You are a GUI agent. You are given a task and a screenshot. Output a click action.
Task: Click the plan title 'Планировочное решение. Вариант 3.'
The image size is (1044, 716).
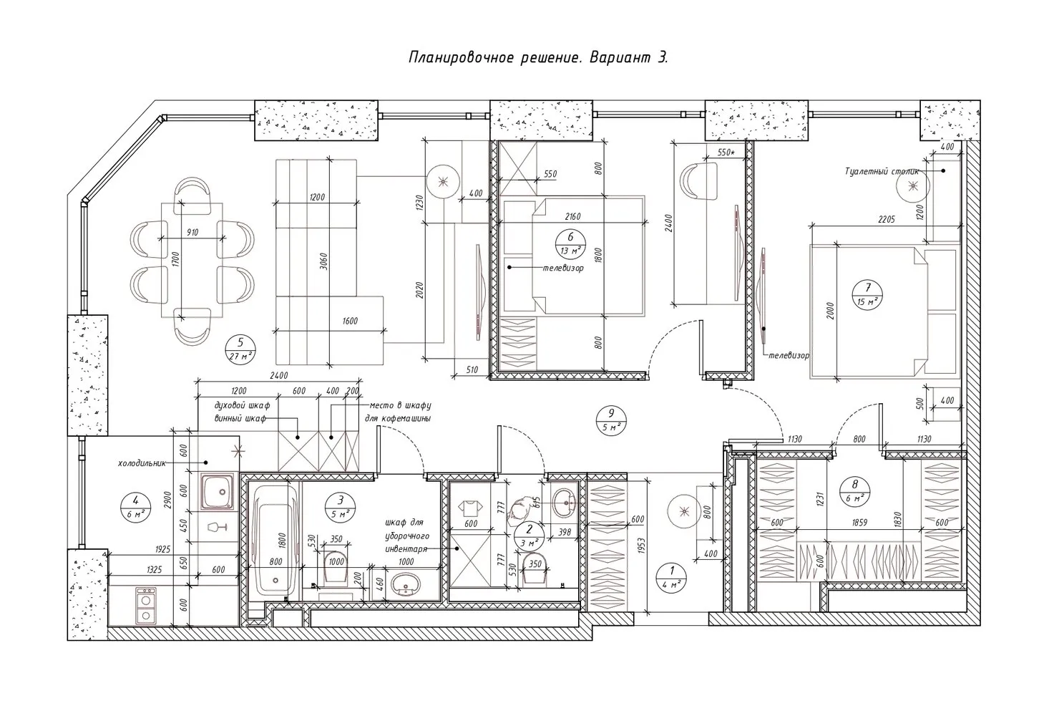[x=538, y=58]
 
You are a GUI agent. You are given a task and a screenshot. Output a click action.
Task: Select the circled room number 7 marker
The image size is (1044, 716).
[x=867, y=294]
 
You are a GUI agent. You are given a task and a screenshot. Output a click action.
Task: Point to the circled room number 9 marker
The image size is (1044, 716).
[x=610, y=419]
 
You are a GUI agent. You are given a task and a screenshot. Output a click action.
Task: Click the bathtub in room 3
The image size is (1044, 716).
[x=272, y=538]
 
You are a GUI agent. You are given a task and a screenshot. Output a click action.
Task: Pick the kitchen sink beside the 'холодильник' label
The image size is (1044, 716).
[x=218, y=490]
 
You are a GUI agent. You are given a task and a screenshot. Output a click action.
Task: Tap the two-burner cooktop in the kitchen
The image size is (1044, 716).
[x=146, y=605]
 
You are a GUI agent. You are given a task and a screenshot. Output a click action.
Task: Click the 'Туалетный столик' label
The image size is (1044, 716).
[x=880, y=172]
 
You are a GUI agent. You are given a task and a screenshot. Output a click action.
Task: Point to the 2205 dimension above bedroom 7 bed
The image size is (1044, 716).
[x=884, y=219]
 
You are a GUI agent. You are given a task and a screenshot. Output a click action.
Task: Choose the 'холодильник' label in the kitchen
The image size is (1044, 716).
[x=142, y=463]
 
